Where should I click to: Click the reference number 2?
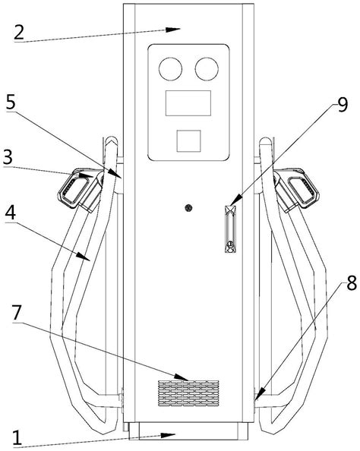point(19,32)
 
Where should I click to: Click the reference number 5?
point(11,102)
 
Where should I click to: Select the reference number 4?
point(11,213)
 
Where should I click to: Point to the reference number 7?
point(17,314)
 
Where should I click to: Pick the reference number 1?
point(17,438)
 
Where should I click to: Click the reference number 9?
point(343,106)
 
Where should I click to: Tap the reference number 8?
point(352,283)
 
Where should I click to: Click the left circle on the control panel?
point(170,69)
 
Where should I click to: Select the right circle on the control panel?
point(207,69)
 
